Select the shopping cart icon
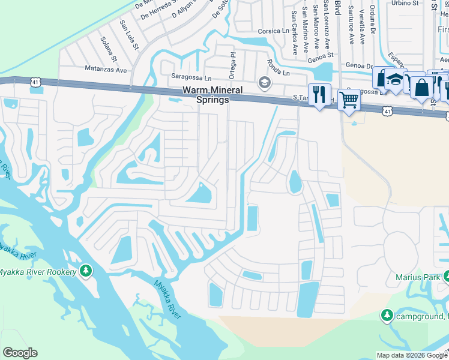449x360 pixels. click(x=349, y=100)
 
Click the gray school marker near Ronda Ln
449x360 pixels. click(x=263, y=82)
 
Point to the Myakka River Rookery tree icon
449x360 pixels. click(x=86, y=271)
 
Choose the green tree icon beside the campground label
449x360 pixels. click(x=387, y=315)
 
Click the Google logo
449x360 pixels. click(x=20, y=353)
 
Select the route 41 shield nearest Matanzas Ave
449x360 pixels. click(x=35, y=88)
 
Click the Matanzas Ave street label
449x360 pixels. click(x=106, y=70)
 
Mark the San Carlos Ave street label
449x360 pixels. click(x=294, y=32)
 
